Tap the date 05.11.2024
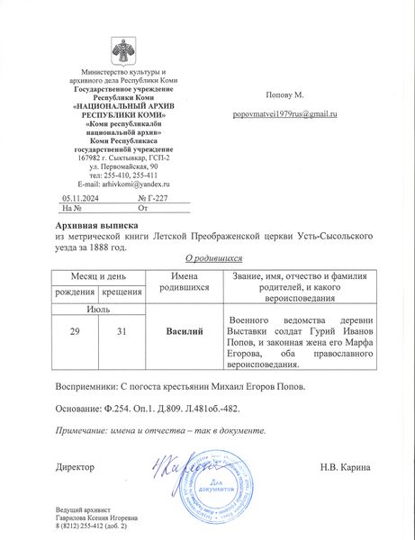pos(78,195)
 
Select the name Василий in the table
pos(185,332)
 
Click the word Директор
pos(74,467)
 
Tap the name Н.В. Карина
pos(347,467)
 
